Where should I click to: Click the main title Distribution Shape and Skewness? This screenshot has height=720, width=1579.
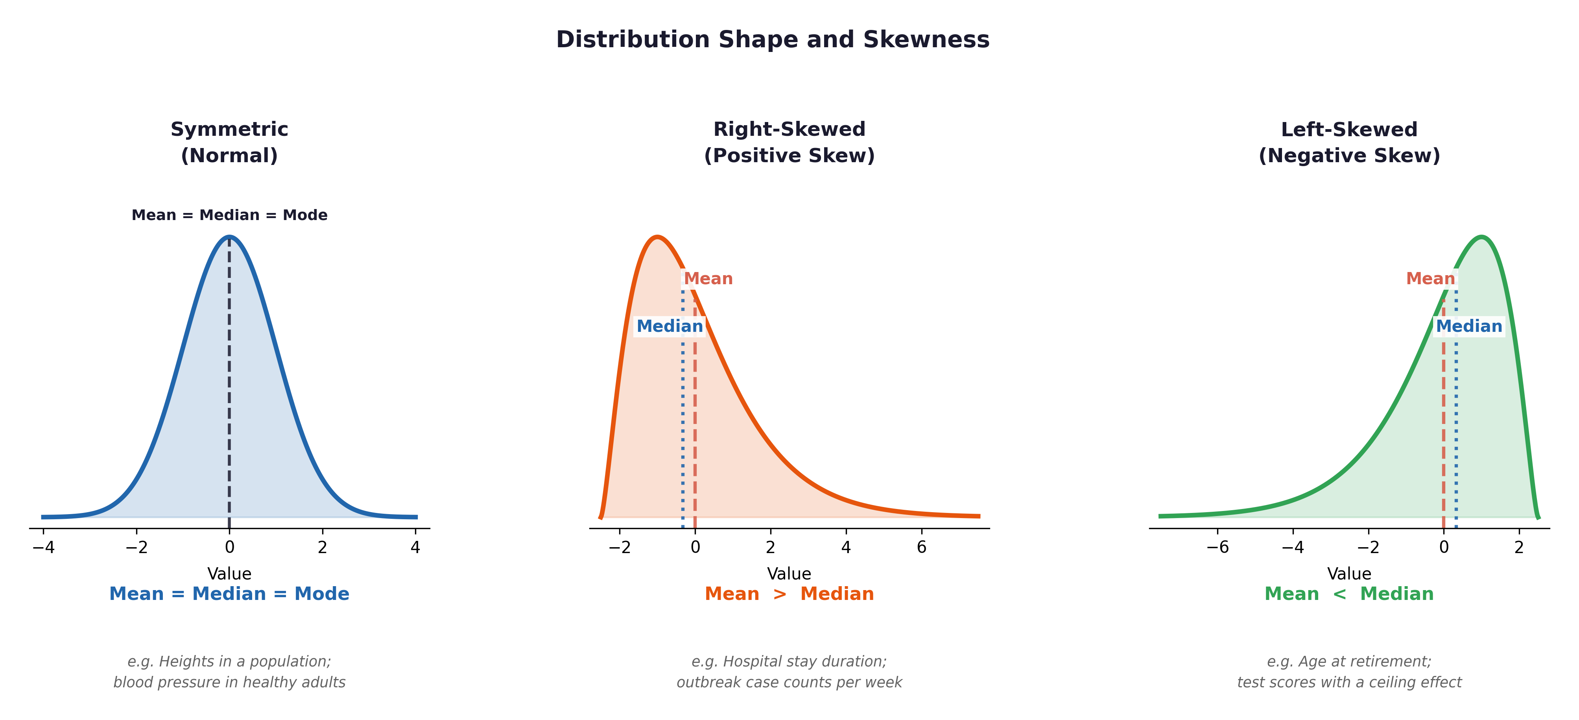click(x=772, y=40)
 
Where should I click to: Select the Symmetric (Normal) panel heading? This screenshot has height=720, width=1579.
click(x=229, y=142)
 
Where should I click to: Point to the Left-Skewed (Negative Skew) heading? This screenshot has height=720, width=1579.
click(x=1349, y=142)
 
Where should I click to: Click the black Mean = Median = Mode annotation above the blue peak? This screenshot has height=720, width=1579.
click(x=229, y=215)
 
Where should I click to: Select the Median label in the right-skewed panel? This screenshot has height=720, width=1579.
click(x=670, y=326)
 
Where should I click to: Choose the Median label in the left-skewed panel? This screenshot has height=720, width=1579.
click(x=1469, y=326)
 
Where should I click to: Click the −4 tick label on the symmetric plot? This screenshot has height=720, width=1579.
click(x=43, y=547)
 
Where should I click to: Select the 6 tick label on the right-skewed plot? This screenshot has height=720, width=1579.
click(x=921, y=547)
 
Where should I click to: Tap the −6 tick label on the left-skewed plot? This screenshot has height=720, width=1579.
click(x=1217, y=547)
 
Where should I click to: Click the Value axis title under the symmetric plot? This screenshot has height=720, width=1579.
click(x=229, y=574)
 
